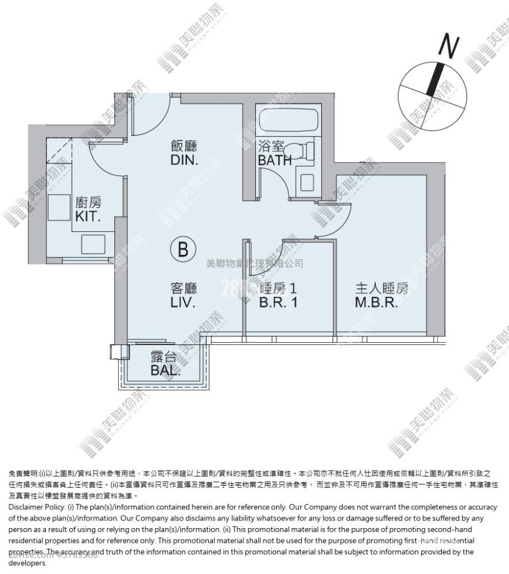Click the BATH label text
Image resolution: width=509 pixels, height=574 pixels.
coord(275,161)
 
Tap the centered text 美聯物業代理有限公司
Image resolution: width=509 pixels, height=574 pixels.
coord(254,264)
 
